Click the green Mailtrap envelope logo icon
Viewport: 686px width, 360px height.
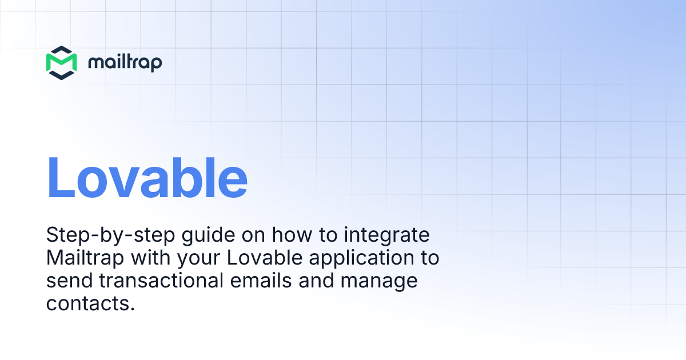pyautogui.click(x=61, y=62)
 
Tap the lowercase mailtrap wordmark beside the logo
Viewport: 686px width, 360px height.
pyautogui.click(x=125, y=62)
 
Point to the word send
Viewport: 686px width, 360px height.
pyautogui.click(x=65, y=281)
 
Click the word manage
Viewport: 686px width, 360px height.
pyautogui.click(x=381, y=282)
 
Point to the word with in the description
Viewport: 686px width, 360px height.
pyautogui.click(x=150, y=258)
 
